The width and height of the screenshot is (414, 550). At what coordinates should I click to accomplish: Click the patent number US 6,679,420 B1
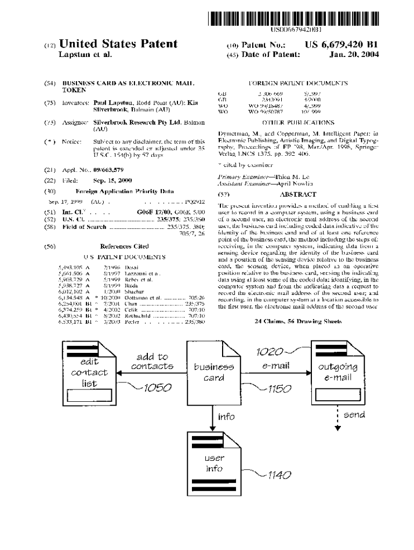point(341,45)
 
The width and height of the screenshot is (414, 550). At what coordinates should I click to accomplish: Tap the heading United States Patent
point(118,44)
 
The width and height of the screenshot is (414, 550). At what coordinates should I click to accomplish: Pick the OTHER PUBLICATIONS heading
point(298,122)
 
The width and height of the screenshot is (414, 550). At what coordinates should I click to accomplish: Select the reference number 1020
point(269,352)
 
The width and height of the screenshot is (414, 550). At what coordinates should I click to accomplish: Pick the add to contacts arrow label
point(152,361)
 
